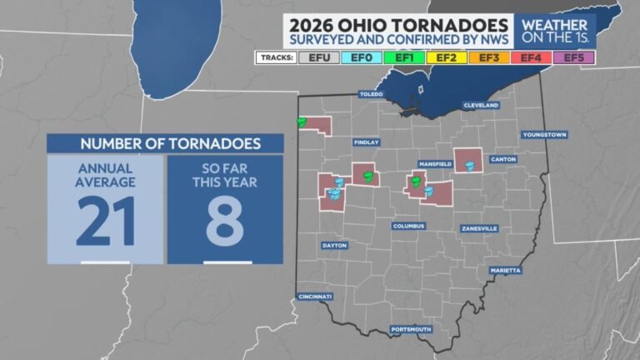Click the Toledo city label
371,94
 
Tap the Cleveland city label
481,106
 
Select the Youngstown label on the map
544,134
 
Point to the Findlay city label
366,142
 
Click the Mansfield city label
435,165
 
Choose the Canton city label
503,159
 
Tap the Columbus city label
409,226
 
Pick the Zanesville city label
479,227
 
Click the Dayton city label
333,246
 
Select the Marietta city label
505,270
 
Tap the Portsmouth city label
412,329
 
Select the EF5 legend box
574,57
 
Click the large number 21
104,221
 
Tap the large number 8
225,221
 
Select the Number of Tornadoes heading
164,143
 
